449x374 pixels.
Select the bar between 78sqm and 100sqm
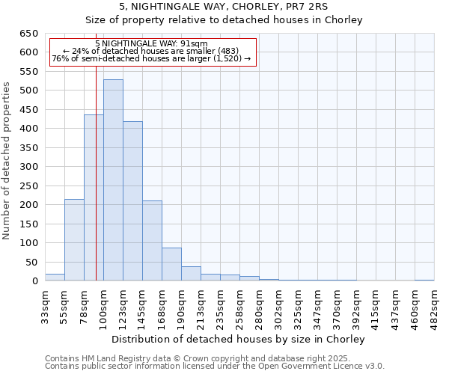(94, 198)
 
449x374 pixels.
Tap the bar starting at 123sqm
(132, 201)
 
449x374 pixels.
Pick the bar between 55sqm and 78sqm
(74, 240)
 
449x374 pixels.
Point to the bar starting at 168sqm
(171, 264)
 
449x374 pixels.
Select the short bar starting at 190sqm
(191, 274)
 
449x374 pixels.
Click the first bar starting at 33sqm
(55, 278)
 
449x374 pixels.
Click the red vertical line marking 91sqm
(97, 187)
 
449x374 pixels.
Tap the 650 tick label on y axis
(28, 34)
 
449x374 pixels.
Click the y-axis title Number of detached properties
(7, 162)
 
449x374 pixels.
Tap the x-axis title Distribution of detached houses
(239, 339)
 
